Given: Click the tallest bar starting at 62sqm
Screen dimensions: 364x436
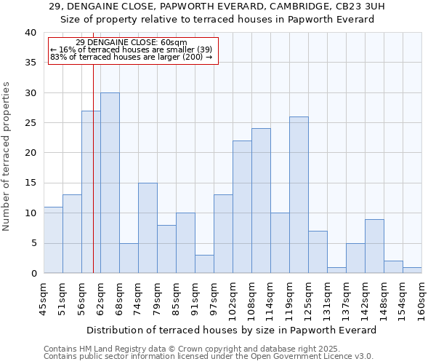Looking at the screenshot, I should [x=110, y=183].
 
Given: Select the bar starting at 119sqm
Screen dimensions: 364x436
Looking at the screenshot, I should [x=299, y=195].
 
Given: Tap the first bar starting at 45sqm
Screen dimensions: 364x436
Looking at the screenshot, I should [x=53, y=240].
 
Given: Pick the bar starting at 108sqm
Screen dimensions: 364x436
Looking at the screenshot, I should [x=261, y=201].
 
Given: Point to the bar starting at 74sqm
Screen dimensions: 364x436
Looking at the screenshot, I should [x=148, y=228].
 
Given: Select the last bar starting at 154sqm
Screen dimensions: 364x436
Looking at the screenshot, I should [x=412, y=270].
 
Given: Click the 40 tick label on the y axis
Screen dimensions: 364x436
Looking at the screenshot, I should [x=30, y=33].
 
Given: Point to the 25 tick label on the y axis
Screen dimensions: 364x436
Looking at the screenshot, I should [x=30, y=123].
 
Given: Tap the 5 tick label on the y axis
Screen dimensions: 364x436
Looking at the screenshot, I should [x=33, y=243].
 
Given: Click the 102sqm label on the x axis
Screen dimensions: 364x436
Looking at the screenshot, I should [x=233, y=296].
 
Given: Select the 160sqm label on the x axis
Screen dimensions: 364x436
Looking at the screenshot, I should [x=422, y=296].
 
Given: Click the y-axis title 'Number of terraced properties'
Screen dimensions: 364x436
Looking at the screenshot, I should [x=7, y=156].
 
